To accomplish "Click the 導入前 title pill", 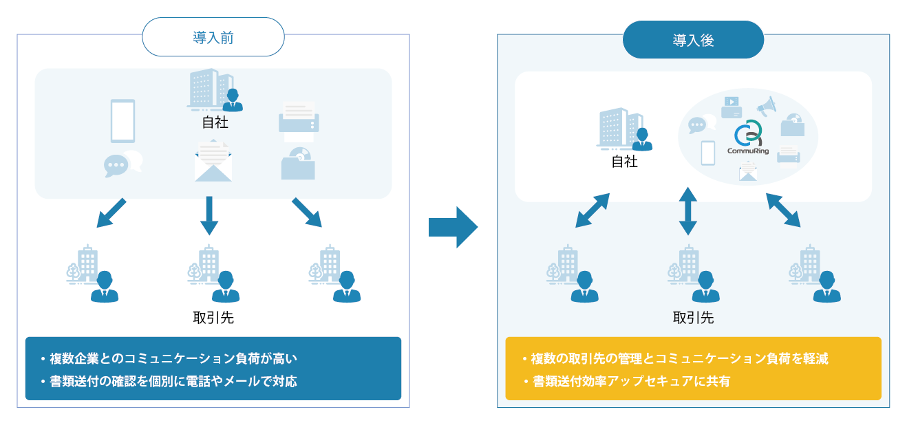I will (x=213, y=37).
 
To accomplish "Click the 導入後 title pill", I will (x=693, y=40).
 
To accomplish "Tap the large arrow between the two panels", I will (x=453, y=226).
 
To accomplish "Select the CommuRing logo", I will (x=748, y=137).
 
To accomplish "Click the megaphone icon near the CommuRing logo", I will (x=767, y=106).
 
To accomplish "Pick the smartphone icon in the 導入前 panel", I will (x=122, y=121).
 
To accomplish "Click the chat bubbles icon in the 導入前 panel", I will (x=122, y=164).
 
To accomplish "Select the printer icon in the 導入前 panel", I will (x=299, y=117).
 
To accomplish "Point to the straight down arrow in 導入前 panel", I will (x=209, y=215).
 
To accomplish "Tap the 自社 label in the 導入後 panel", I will (x=625, y=162).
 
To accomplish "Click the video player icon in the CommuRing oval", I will (x=731, y=107).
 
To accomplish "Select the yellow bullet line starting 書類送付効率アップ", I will (x=630, y=381).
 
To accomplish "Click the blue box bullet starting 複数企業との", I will (x=173, y=358).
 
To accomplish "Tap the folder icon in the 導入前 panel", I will (x=298, y=164).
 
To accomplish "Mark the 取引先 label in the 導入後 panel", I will (x=693, y=318).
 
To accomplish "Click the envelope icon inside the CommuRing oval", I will (x=748, y=171).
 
